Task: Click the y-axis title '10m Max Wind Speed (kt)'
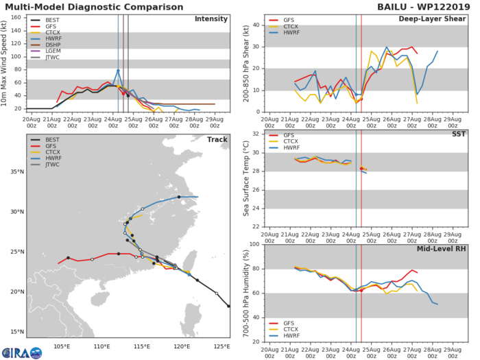pos(6,62)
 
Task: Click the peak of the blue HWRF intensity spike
pos(118,70)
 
